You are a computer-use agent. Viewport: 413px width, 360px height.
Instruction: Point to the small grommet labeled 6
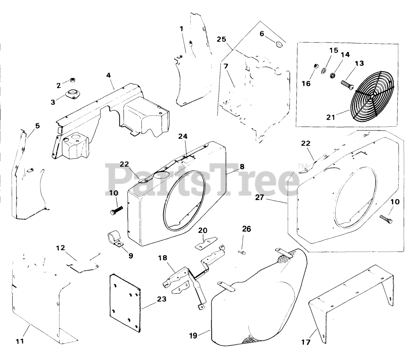point(279,44)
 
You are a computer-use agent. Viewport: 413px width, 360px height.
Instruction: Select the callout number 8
point(242,167)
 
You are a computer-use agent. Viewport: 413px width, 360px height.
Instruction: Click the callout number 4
point(108,75)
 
